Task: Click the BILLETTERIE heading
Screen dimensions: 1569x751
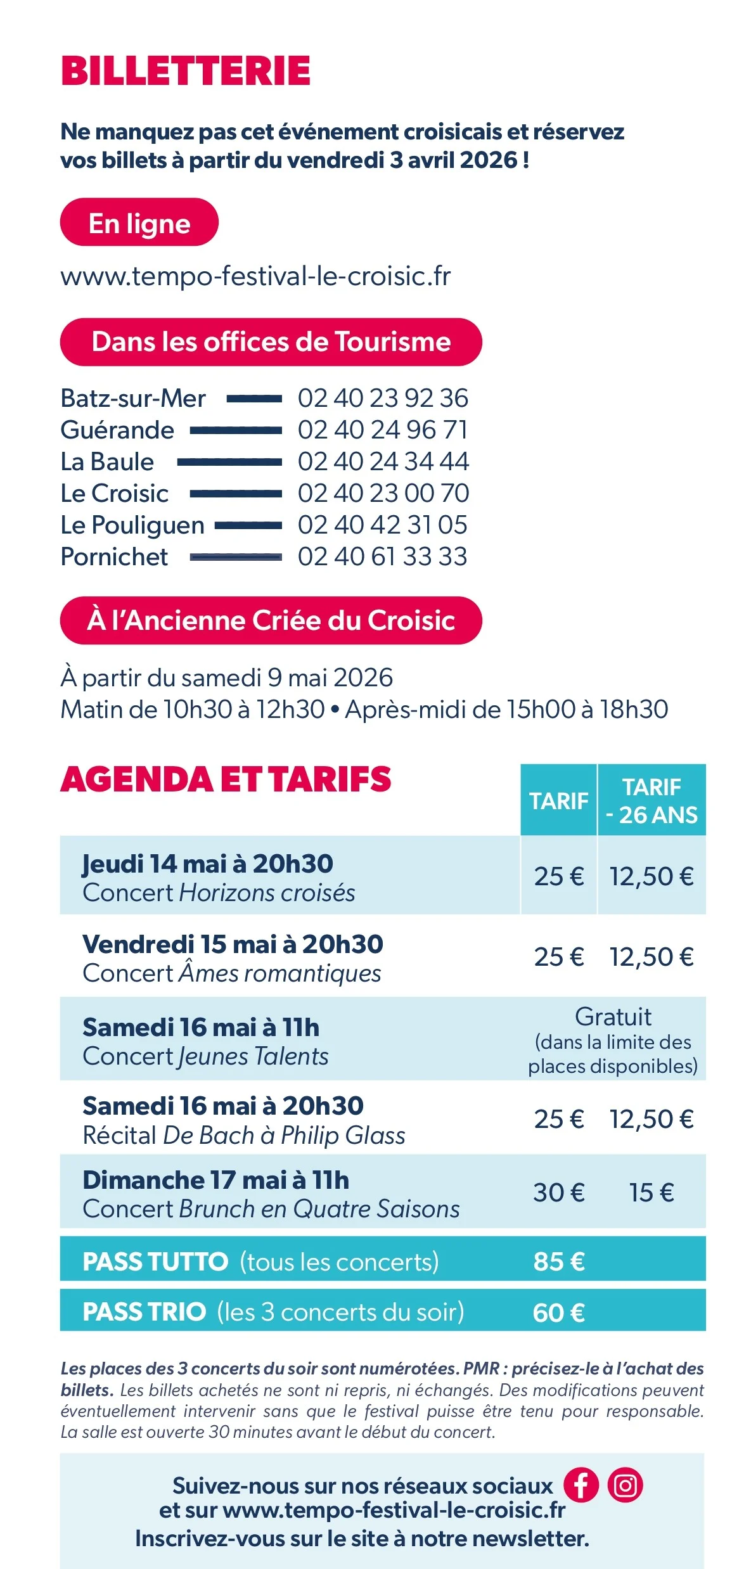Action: tap(185, 70)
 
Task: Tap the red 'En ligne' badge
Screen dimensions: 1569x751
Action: tap(139, 222)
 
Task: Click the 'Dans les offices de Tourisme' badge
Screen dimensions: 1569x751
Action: tap(271, 342)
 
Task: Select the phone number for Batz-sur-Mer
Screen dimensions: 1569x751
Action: tap(383, 399)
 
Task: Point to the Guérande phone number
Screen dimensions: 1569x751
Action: tap(383, 430)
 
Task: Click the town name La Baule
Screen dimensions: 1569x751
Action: tap(107, 462)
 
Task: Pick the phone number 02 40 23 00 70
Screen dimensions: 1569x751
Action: tap(383, 494)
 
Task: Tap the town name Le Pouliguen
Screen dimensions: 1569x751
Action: tap(132, 525)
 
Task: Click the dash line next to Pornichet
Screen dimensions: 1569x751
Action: tap(236, 557)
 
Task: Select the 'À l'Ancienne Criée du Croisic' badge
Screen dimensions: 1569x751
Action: tap(271, 620)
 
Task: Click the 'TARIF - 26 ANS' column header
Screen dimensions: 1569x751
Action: tap(652, 800)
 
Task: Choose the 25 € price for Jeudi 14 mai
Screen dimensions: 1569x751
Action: tap(558, 876)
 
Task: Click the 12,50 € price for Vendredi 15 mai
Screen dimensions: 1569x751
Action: tap(652, 957)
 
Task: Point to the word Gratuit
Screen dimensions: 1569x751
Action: tap(613, 1017)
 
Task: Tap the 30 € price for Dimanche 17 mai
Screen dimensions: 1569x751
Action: tap(558, 1193)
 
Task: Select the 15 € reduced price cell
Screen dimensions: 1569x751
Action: tap(652, 1193)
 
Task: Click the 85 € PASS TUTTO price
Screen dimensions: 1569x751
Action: tap(558, 1261)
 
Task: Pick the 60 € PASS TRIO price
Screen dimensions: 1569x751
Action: tap(558, 1312)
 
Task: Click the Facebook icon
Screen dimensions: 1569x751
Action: tap(581, 1485)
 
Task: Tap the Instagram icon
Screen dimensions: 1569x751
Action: tap(626, 1485)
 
